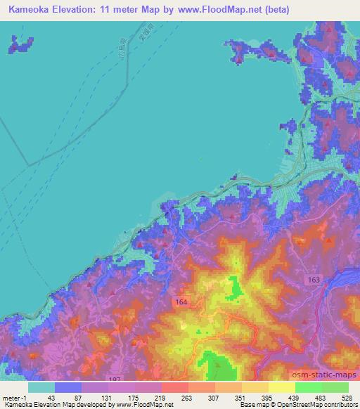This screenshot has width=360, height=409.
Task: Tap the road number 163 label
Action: (x=313, y=280)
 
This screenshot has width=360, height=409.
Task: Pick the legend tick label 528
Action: (x=347, y=398)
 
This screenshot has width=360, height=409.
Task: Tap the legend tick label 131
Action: (x=108, y=398)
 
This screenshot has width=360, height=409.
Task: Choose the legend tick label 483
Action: (x=321, y=398)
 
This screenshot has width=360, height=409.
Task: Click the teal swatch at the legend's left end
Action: (x=41, y=387)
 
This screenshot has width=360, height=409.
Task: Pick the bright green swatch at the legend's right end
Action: (x=335, y=387)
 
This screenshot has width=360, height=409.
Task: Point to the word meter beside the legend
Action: (x=13, y=398)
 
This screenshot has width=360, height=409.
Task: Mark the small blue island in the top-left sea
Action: (x=21, y=46)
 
